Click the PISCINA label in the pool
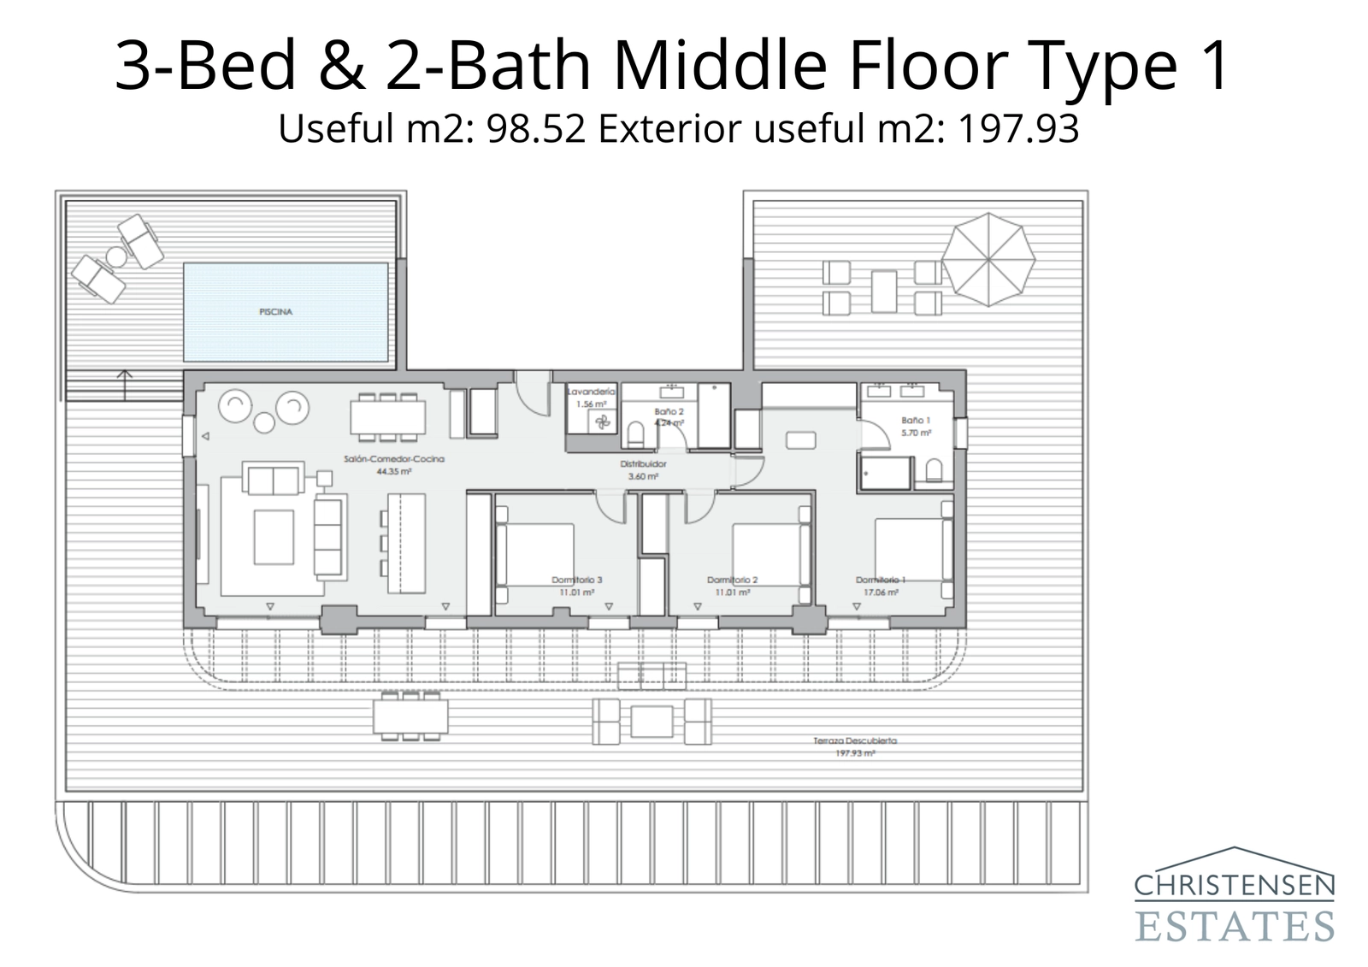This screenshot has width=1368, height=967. (275, 312)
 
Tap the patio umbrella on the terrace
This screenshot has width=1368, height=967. (988, 259)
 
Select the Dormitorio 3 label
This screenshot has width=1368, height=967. (576, 581)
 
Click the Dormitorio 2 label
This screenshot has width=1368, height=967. (732, 581)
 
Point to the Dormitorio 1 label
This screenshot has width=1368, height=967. (880, 581)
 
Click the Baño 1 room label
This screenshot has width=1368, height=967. (915, 421)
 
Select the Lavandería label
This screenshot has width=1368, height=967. (591, 392)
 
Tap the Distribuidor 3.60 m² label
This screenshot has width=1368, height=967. (643, 469)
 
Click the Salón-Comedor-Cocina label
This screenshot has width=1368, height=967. (394, 460)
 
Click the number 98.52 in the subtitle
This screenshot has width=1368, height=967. (535, 129)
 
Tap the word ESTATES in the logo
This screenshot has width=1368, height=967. (1234, 925)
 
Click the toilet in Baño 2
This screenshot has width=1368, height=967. (635, 435)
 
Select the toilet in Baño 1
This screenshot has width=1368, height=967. (934, 472)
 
